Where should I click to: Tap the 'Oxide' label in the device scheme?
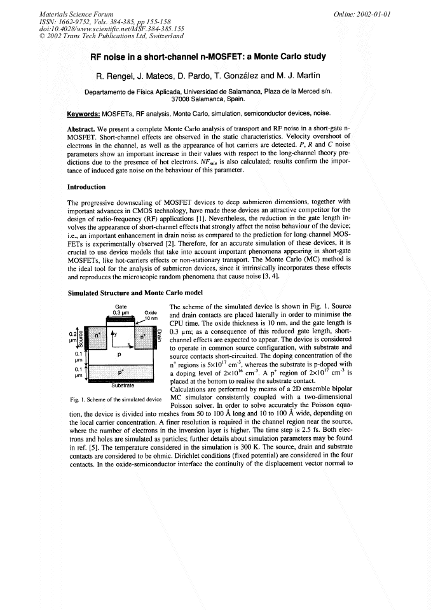click(151, 312)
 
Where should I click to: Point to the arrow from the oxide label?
click(142, 322)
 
